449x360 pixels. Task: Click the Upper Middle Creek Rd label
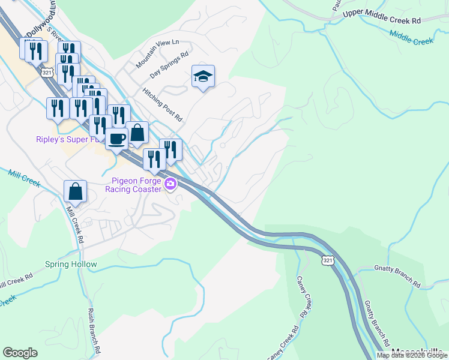381,16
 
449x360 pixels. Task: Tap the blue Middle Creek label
411,38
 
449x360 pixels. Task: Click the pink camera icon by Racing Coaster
171,184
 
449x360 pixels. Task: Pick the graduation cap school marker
203,76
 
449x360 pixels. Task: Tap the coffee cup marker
116,139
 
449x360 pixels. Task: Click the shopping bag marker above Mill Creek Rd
76,191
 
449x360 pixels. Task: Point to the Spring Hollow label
71,264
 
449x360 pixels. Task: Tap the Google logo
20,353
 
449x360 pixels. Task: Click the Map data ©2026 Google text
412,355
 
